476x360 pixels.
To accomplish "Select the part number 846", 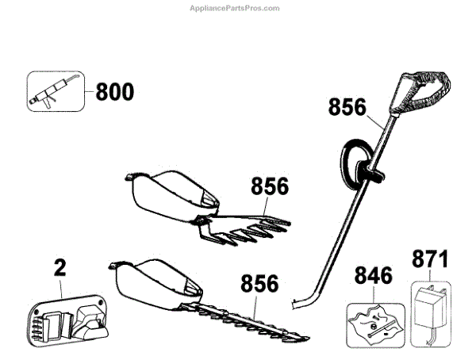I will click(374, 277).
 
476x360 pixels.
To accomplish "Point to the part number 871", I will click(430, 260).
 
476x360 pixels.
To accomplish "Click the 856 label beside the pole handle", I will click(346, 106).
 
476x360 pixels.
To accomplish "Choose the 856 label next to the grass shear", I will click(270, 187).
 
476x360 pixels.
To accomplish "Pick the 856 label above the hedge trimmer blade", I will click(260, 283).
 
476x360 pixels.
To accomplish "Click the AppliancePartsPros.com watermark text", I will click(238, 8).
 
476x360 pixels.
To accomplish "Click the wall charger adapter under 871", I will click(430, 313).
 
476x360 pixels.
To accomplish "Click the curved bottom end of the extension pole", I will click(301, 301).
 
